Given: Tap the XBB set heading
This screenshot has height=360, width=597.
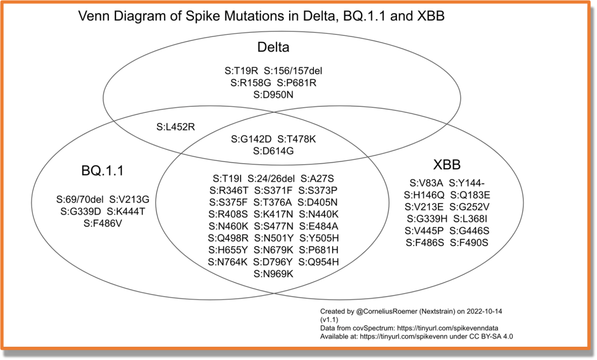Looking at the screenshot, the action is pyautogui.click(x=447, y=165).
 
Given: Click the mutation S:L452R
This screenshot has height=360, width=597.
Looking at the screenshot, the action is pyautogui.click(x=176, y=127).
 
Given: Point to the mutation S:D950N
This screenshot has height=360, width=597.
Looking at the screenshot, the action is pyautogui.click(x=273, y=95).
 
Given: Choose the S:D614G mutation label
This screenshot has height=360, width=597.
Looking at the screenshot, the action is pyautogui.click(x=273, y=150).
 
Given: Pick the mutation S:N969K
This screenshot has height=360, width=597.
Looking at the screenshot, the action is pyautogui.click(x=273, y=274).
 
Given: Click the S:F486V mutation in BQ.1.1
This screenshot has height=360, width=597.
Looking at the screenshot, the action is pyautogui.click(x=103, y=223).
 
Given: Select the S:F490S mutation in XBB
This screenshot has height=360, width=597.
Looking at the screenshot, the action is pyautogui.click(x=469, y=243).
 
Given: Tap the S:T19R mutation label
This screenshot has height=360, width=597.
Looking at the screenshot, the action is pyautogui.click(x=242, y=71).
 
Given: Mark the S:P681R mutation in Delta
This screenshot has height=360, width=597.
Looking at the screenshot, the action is pyautogui.click(x=297, y=83).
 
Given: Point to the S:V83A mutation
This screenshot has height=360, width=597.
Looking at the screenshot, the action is pyautogui.click(x=426, y=182).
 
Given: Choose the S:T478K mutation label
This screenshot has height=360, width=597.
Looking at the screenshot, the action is pyautogui.click(x=297, y=139).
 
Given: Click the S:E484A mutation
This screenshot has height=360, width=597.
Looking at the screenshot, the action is pyautogui.click(x=318, y=226).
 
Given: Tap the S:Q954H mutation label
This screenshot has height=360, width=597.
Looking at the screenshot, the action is pyautogui.click(x=319, y=262).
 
